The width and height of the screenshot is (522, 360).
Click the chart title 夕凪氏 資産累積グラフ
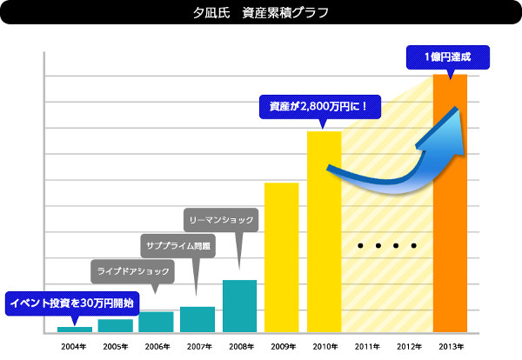point(261,14)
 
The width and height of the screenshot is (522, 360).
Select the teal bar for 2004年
point(74,329)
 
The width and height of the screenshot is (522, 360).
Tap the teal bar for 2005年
point(115,325)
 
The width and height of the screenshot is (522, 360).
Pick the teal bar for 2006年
point(157,322)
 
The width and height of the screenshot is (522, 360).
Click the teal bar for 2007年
point(197,319)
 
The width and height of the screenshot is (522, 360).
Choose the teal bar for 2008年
point(239,305)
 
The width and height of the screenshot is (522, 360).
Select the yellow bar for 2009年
point(281,257)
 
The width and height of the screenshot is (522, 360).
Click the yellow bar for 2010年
point(324,231)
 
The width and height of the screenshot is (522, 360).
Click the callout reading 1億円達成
point(448,57)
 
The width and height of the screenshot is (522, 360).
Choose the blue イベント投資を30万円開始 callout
point(71,303)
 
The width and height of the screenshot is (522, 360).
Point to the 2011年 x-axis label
point(366,346)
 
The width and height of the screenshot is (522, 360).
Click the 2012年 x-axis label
point(409,346)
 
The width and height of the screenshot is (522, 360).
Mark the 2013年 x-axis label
point(450,346)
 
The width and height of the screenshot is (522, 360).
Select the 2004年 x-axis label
point(73,346)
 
